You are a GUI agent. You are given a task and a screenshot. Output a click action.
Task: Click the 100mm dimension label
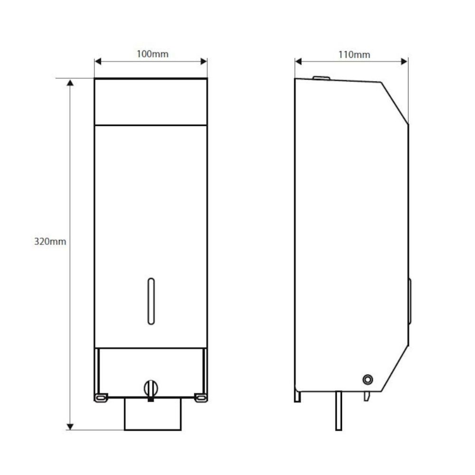point(152,54)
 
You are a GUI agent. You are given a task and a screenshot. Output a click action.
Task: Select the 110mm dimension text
point(354,55)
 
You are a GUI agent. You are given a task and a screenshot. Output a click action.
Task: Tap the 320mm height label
point(50,241)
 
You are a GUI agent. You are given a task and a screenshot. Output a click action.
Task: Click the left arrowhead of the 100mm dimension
point(97,61)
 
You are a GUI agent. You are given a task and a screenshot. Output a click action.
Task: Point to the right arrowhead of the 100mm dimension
point(204,61)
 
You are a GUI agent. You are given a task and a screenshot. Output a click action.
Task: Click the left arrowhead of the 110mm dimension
point(298,61)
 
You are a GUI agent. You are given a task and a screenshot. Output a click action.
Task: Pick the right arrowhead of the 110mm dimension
point(404,61)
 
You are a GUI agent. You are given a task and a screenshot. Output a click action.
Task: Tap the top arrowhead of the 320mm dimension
point(70,83)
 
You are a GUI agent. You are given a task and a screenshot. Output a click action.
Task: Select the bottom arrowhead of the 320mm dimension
point(70,427)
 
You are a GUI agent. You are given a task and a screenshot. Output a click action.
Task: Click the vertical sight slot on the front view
point(151,301)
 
